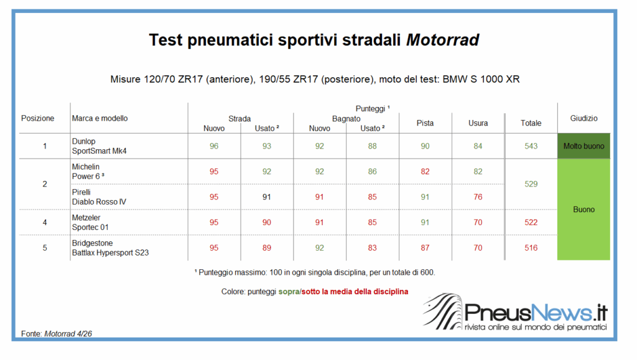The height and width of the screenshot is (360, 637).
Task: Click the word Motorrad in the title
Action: coord(442,40)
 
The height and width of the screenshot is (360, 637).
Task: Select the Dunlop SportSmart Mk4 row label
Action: coord(99,146)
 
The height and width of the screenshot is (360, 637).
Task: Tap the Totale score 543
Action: coord(531,146)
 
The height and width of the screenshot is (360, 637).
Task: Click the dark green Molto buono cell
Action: coord(584,146)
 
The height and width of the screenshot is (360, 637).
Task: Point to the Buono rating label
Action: coord(584,210)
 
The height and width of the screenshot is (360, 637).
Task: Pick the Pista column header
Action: coord(425,123)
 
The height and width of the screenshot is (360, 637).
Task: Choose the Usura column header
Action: coord(478,123)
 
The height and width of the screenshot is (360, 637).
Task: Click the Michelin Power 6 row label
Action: coord(88,172)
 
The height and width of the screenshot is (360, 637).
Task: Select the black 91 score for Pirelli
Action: coord(266,197)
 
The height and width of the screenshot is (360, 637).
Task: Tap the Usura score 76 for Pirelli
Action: coord(478,197)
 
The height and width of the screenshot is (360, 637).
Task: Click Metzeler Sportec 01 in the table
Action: coord(90,223)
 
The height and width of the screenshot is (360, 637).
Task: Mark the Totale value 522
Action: coord(531,223)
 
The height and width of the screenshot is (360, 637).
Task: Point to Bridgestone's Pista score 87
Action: coord(425,247)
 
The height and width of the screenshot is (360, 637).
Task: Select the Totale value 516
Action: coord(531,247)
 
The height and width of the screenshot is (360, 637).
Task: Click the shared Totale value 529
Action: coord(531,184)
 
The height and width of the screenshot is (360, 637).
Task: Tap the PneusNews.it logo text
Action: coord(536,313)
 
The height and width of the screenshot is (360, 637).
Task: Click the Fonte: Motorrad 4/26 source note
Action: coord(57,334)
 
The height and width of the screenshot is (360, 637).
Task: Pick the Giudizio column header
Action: coord(584,118)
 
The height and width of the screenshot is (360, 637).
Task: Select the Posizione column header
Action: coord(38,118)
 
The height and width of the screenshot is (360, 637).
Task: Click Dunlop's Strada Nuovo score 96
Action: coord(214,146)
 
